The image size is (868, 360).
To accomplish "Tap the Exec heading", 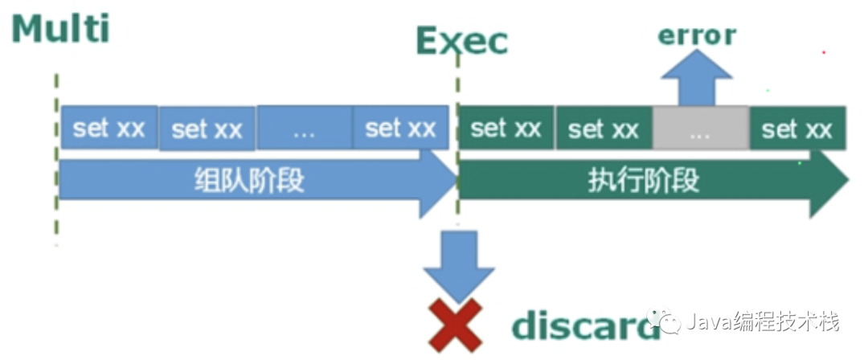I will (462, 41).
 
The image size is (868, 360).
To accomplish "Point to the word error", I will (696, 35).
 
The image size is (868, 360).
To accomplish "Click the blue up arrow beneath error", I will (696, 80).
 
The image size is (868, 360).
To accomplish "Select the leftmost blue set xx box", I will (109, 129).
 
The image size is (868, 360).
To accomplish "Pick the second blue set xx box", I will (207, 129).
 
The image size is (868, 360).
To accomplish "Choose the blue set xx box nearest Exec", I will (400, 129).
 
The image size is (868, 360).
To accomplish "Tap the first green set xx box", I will (506, 129).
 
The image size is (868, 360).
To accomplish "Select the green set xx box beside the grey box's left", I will (604, 129).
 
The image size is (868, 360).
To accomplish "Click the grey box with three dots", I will (701, 129).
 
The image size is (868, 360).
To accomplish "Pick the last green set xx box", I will (797, 129).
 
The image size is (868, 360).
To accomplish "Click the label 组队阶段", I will (250, 180).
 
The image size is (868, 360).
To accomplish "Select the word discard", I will (583, 325).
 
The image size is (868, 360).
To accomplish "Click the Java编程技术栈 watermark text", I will (764, 323).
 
